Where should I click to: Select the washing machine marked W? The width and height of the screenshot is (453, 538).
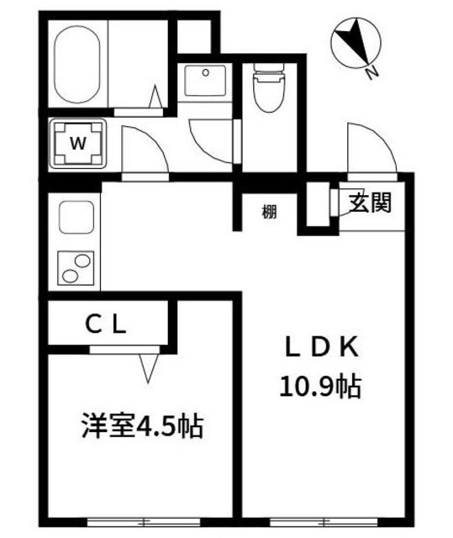point(77,144)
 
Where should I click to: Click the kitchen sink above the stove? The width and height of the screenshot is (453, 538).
point(76,221)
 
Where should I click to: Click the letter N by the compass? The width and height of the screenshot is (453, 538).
point(371,73)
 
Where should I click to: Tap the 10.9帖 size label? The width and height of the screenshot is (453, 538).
point(320,387)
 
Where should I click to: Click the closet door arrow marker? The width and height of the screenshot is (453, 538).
point(150,365)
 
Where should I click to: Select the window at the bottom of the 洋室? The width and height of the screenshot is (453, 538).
point(139,523)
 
